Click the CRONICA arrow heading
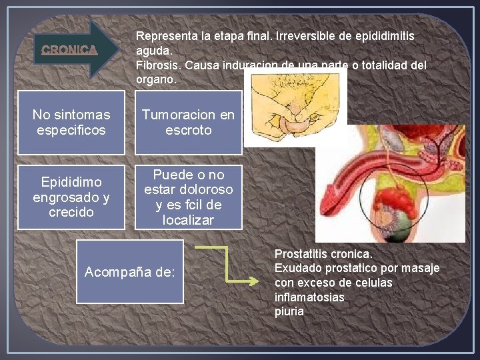click(x=70, y=49)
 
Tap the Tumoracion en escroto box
click(x=188, y=123)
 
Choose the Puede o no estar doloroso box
click(x=188, y=197)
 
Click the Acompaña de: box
click(x=129, y=272)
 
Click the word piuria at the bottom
click(x=289, y=311)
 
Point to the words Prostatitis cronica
click(x=323, y=254)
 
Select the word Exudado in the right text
click(x=295, y=268)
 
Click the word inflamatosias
click(x=309, y=297)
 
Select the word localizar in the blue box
click(x=188, y=220)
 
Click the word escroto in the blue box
click(x=188, y=130)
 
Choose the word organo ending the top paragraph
click(x=155, y=79)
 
